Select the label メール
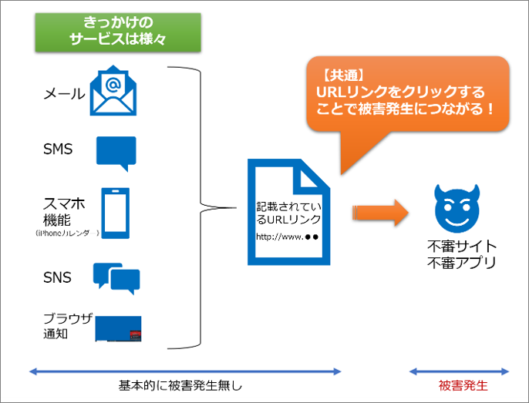64,94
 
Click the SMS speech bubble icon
116,153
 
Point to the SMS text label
58,149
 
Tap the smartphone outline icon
115,213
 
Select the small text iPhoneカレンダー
67,232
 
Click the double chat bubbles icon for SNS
116,278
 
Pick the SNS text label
58,277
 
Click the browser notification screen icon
120,328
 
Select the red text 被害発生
462,385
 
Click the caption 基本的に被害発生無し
185,385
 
